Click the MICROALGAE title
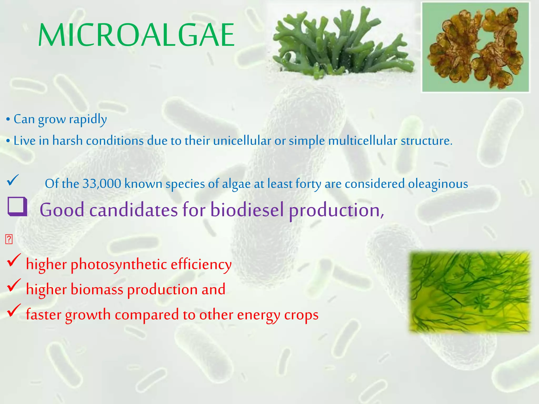point(136,35)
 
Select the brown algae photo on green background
point(475,47)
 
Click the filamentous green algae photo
point(470,292)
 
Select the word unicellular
point(242,141)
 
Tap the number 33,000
point(102,184)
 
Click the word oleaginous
point(438,184)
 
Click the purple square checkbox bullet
point(17,207)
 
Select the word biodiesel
point(247,210)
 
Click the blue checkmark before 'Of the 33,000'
point(13,180)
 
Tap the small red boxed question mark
point(9,239)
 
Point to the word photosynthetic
point(119,264)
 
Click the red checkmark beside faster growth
point(14,310)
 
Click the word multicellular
point(362,141)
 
